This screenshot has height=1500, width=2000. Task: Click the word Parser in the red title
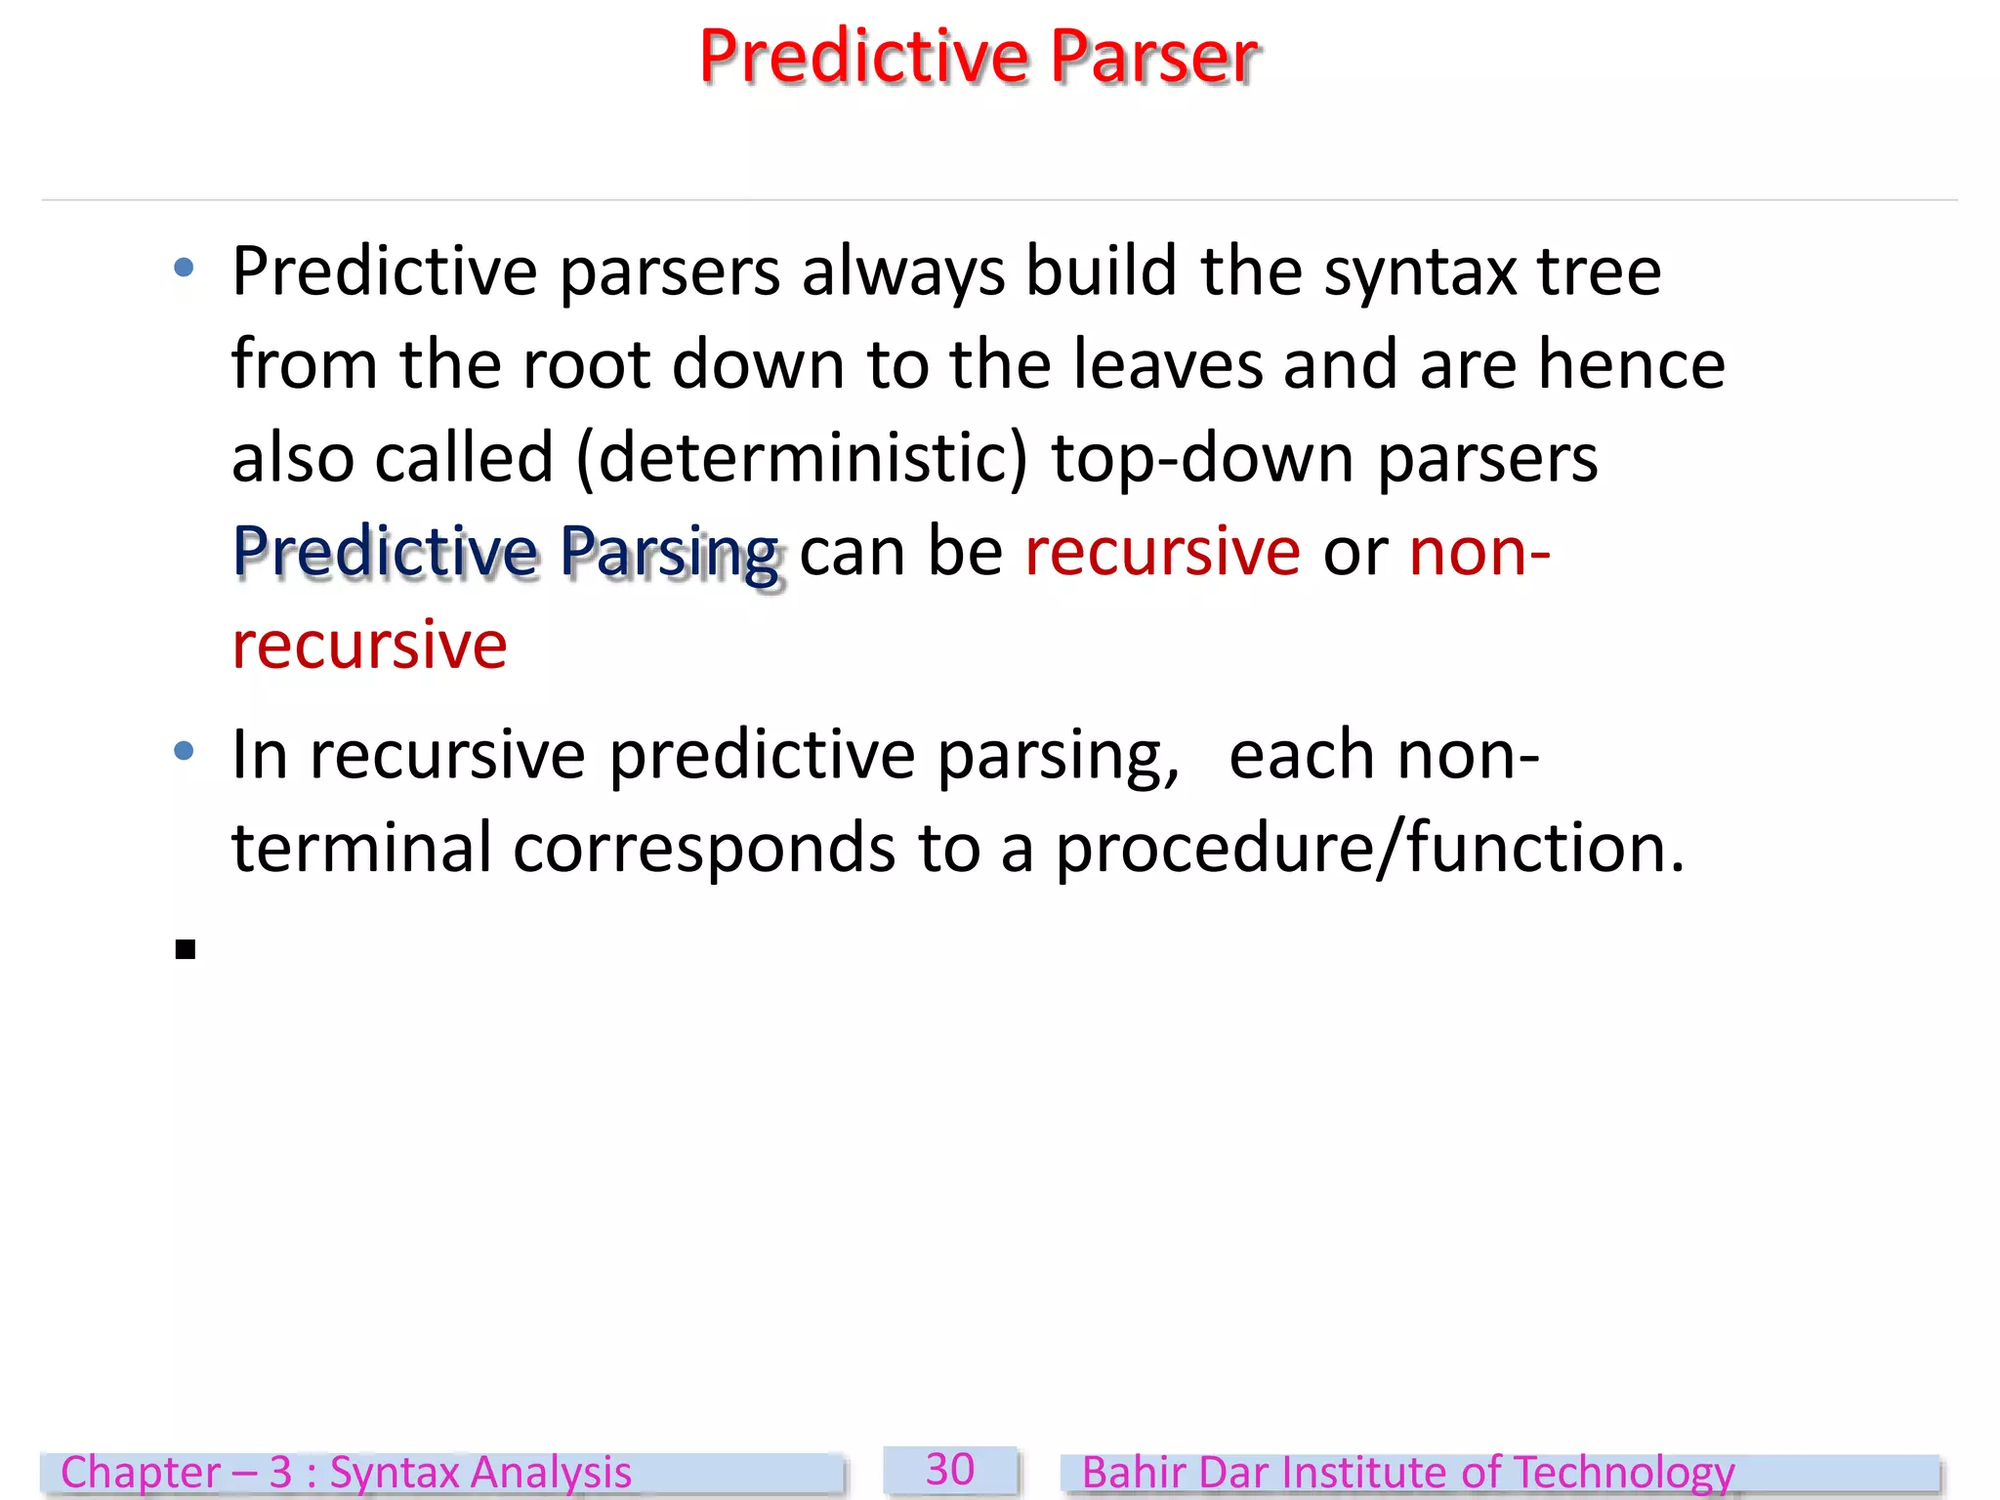pos(1154,57)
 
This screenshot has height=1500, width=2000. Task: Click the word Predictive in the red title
pos(864,57)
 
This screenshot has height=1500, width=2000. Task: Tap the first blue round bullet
pos(184,268)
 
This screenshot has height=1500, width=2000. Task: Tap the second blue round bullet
pos(184,750)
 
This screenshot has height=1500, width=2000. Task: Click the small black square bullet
pos(186,949)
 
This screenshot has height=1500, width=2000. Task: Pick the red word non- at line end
pos(1479,552)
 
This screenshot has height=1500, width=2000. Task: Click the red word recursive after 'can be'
pos(1162,552)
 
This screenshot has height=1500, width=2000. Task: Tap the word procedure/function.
pos(1369,848)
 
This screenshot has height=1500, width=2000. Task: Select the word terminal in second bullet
pos(361,848)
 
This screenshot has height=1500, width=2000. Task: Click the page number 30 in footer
pos(950,1470)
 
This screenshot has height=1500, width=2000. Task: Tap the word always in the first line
pos(902,271)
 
